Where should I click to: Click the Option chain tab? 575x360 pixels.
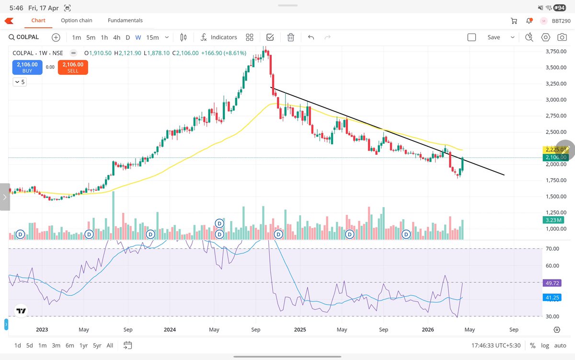point(77,21)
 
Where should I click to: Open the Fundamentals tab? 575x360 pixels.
point(125,21)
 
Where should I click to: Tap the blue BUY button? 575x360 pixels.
point(27,68)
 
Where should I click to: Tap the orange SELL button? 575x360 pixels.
point(73,68)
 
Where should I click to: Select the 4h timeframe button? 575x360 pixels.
point(116,37)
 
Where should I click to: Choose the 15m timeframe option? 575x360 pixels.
point(152,37)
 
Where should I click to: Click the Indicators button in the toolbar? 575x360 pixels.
point(218,37)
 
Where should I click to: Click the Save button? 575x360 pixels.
point(494,37)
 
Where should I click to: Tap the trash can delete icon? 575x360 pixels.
point(291,37)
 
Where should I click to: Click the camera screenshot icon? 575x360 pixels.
point(561,37)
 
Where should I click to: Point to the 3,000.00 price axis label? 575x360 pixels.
point(556,100)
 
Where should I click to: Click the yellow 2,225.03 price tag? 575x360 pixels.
point(555,150)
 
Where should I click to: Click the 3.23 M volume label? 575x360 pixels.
point(555,220)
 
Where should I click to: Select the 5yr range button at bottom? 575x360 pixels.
point(97,345)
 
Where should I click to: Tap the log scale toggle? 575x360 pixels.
point(545,345)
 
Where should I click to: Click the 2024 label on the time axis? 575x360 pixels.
point(169,330)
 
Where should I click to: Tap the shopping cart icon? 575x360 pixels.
point(514,21)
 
